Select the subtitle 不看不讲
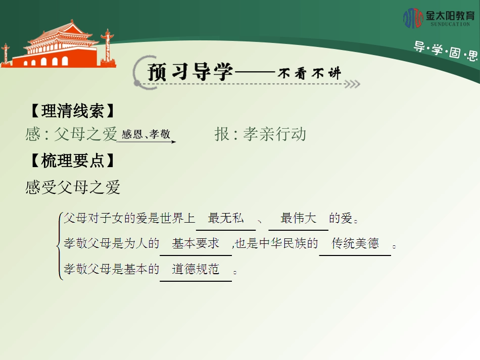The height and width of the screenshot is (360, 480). [x=310, y=73]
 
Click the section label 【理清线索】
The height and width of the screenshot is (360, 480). [x=70, y=111]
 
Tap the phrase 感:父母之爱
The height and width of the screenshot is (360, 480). [x=71, y=134]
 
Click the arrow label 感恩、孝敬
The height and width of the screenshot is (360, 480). [x=146, y=134]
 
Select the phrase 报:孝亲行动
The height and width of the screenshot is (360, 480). [x=260, y=134]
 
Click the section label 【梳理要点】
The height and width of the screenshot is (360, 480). [x=70, y=161]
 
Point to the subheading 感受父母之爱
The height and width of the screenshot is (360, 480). [x=73, y=187]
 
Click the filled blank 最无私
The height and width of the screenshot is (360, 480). [x=226, y=219]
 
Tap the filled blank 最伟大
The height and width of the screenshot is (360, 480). [x=298, y=219]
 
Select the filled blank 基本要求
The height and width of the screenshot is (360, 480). [x=196, y=243]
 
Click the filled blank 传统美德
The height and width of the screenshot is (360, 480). [x=355, y=243]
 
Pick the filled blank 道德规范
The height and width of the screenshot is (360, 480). [x=196, y=269]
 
